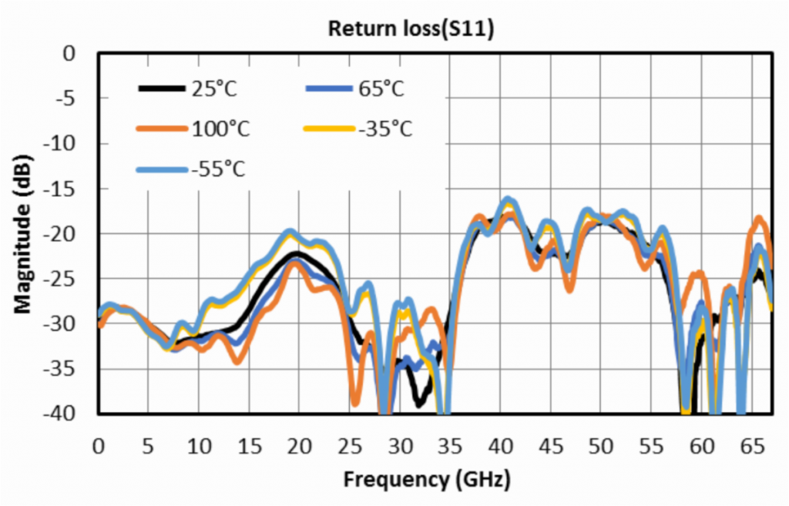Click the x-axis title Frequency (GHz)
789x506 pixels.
click(426, 480)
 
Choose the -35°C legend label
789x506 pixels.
click(384, 129)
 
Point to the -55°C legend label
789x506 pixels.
click(218, 169)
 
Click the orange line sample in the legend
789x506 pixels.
click(163, 129)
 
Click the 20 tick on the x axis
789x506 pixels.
click(300, 447)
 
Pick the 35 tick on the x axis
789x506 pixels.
click(450, 447)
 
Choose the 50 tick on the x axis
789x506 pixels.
click(601, 447)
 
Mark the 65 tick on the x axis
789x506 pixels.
click(751, 447)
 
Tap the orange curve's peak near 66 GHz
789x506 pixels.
click(760, 219)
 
